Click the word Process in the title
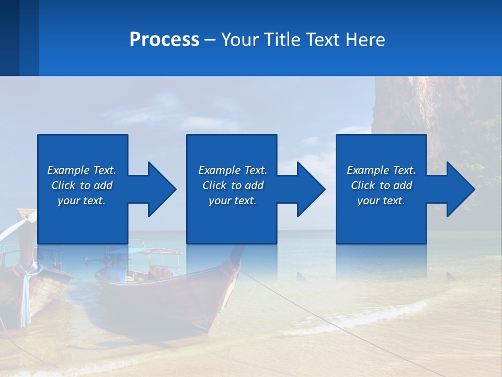point(164,40)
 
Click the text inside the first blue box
point(82,185)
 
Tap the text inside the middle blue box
point(233,185)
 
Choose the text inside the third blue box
point(381,185)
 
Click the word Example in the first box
point(69,170)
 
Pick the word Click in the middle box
point(214,185)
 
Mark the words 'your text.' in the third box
point(381,201)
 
